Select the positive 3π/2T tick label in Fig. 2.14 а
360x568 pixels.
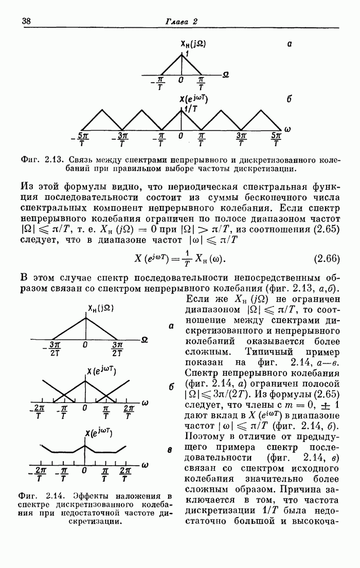tap(117, 349)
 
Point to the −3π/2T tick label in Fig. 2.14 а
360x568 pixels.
tap(52, 349)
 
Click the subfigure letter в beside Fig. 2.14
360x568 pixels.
tap(169, 450)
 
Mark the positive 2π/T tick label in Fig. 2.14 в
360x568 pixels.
tap(125, 474)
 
